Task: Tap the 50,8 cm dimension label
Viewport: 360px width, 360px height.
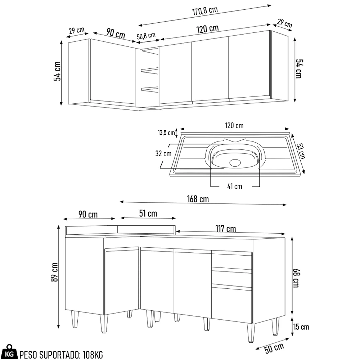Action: pyautogui.click(x=146, y=36)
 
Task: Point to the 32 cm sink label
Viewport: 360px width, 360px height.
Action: pyautogui.click(x=163, y=154)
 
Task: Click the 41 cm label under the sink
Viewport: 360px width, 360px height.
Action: pyautogui.click(x=235, y=186)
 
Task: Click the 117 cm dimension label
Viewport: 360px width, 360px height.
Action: pyautogui.click(x=226, y=229)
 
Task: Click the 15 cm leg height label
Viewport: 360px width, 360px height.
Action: pyautogui.click(x=301, y=327)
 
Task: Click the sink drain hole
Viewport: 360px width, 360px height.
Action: pyautogui.click(x=234, y=162)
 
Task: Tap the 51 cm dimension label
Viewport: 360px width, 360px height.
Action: pyautogui.click(x=148, y=213)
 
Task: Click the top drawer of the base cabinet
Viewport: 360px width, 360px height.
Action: pyautogui.click(x=231, y=261)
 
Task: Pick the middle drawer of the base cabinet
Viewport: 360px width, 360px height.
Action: pyautogui.click(x=231, y=279)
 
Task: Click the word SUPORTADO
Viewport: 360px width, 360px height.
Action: pyautogui.click(x=57, y=354)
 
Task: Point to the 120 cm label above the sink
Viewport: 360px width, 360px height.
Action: pyautogui.click(x=234, y=126)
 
